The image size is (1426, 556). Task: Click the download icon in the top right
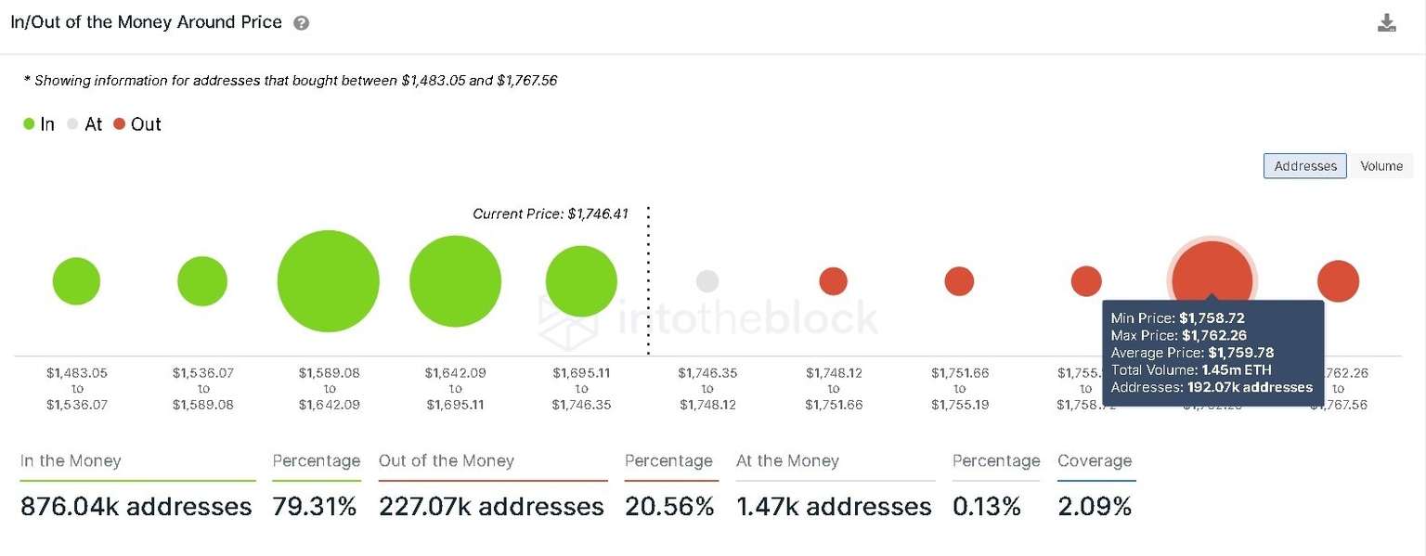(x=1386, y=23)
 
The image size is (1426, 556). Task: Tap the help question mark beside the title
(x=301, y=23)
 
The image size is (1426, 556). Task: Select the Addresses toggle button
(x=1304, y=166)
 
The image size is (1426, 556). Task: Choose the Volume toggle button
(x=1381, y=166)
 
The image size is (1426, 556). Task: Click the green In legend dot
(x=30, y=124)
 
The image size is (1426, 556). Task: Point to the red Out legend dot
(x=119, y=124)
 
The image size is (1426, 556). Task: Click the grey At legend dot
(x=72, y=124)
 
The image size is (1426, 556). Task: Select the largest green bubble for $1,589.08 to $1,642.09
(x=329, y=281)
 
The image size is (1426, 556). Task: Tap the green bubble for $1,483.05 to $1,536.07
(x=76, y=281)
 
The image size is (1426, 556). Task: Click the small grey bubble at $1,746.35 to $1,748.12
(x=707, y=281)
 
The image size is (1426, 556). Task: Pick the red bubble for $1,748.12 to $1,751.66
(x=833, y=281)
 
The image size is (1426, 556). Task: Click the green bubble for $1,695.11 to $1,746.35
(x=581, y=281)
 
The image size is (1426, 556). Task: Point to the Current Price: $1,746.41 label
(x=551, y=214)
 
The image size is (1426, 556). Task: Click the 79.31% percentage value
(x=315, y=507)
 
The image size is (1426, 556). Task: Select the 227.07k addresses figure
(x=491, y=507)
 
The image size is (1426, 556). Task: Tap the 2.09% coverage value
(x=1095, y=507)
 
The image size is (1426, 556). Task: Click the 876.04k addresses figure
(x=136, y=507)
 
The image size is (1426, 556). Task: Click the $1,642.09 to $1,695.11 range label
(x=455, y=389)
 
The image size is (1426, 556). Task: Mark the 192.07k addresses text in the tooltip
(x=1250, y=387)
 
